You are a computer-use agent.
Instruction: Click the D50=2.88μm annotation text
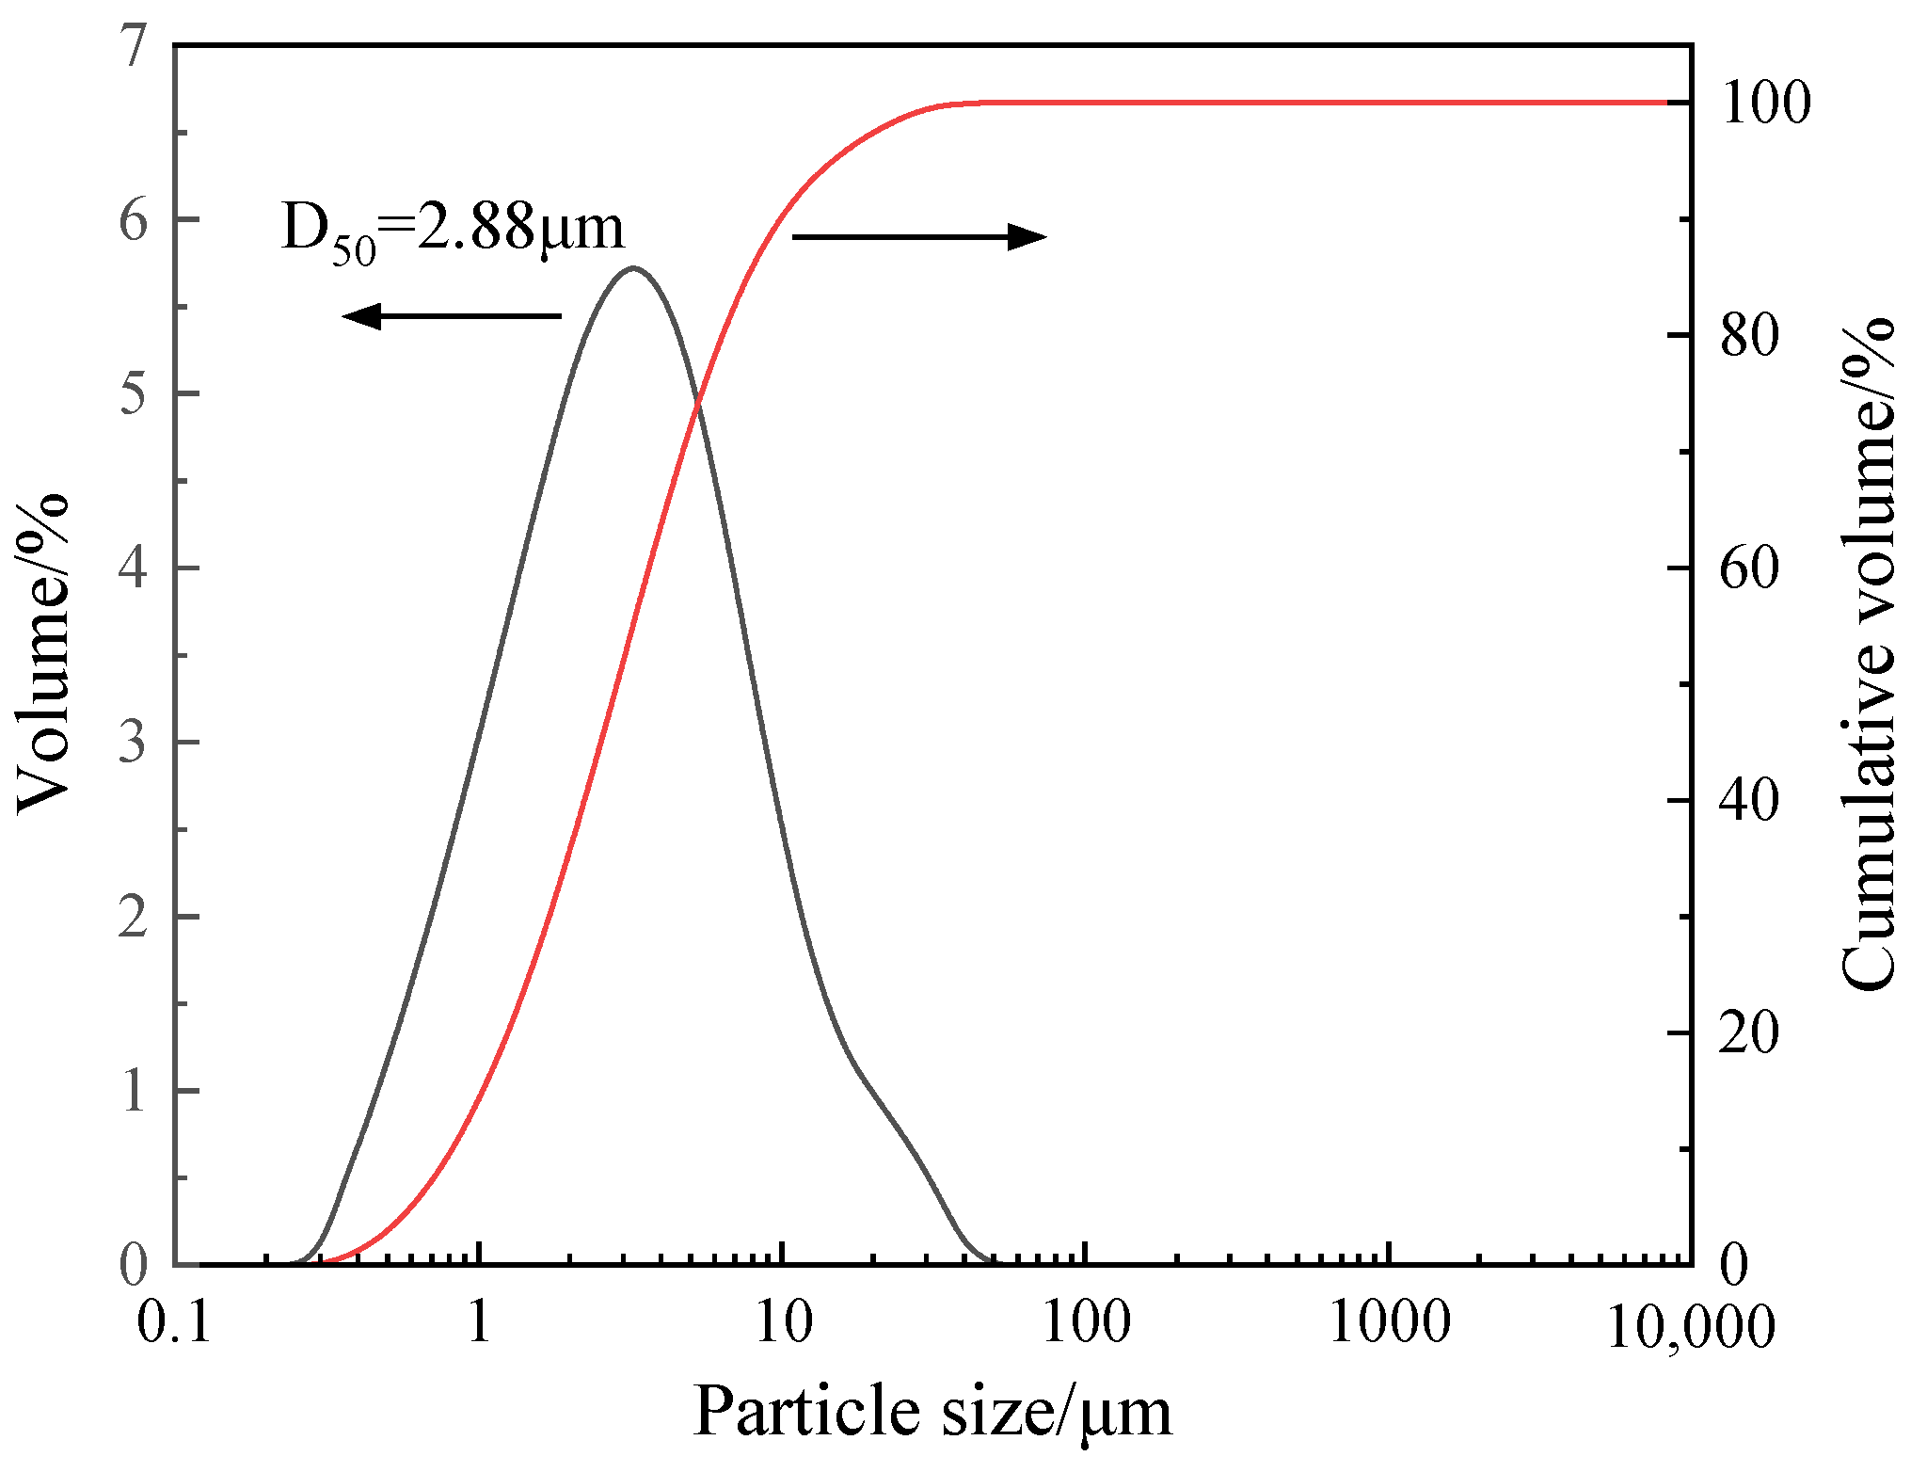453,229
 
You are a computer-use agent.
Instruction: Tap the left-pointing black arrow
451,315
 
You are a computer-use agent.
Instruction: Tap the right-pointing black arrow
919,236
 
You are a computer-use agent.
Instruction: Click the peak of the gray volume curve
633,268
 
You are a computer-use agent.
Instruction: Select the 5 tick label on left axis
134,393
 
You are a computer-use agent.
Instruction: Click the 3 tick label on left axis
134,742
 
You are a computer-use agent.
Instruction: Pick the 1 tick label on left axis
134,1091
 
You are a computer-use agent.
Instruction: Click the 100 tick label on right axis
1765,103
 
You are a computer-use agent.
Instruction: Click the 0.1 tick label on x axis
174,1322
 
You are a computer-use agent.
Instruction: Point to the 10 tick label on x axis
783,1322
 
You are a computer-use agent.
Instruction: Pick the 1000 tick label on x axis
1390,1322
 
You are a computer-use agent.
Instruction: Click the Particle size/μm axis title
932,1413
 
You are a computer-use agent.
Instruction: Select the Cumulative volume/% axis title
1869,654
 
